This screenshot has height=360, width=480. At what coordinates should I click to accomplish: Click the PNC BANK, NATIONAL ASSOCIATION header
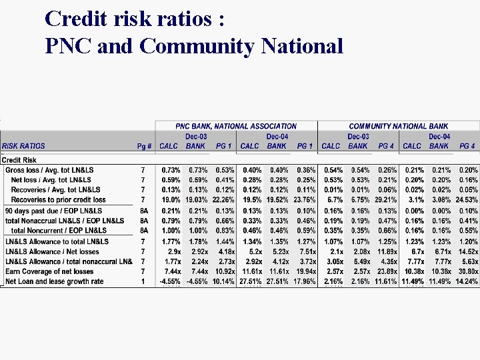(236, 126)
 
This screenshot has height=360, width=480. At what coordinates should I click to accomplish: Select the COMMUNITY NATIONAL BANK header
(399, 126)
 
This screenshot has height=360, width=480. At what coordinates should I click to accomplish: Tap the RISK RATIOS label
(24, 146)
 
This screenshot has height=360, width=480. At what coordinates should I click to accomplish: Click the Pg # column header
(144, 146)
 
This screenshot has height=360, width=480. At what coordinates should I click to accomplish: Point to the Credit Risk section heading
(20, 160)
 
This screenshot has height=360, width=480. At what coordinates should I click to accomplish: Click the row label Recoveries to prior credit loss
(58, 199)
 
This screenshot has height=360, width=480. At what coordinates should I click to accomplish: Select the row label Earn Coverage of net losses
(49, 271)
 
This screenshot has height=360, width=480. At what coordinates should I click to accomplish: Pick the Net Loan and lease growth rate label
(55, 281)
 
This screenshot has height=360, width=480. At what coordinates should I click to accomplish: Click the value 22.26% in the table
(223, 199)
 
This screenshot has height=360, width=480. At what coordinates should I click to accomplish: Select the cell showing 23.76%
(305, 199)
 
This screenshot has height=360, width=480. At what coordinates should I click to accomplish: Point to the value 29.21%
(386, 199)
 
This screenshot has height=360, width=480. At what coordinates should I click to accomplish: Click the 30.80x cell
(467, 271)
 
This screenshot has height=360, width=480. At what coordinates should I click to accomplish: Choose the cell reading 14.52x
(467, 251)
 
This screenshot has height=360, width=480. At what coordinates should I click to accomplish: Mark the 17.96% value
(305, 281)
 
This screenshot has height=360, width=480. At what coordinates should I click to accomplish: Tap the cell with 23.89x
(386, 271)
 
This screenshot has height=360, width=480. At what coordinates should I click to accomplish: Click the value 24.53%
(467, 199)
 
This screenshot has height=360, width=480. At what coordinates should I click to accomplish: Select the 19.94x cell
(305, 271)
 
